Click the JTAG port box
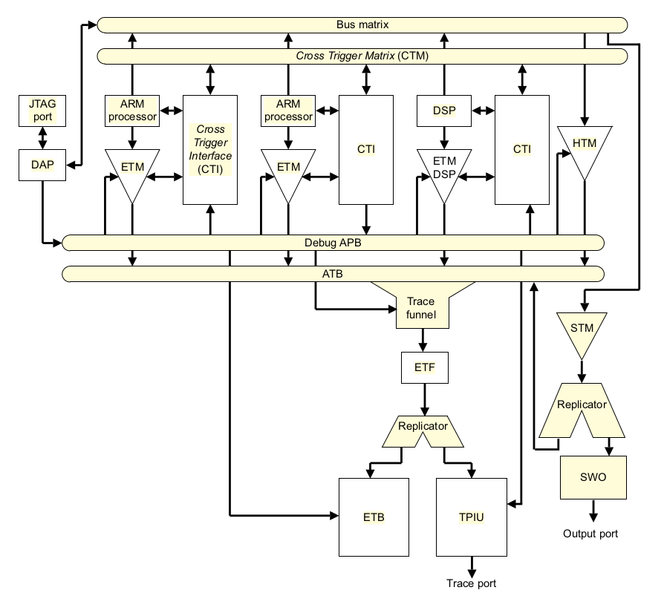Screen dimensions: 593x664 tap(42, 111)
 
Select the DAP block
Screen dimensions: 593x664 tap(42, 165)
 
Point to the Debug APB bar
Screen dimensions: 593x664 tap(333, 243)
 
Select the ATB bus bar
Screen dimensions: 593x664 tap(333, 274)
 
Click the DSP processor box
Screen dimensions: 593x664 tap(443, 111)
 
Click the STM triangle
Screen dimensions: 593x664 tap(583, 330)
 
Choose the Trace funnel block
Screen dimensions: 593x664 tap(421, 306)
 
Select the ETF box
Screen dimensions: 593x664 tap(424, 367)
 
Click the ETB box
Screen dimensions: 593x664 tap(374, 517)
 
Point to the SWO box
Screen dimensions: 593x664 tap(591, 476)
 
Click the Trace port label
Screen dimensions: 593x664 tap(471, 583)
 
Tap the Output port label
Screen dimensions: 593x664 tap(590, 534)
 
